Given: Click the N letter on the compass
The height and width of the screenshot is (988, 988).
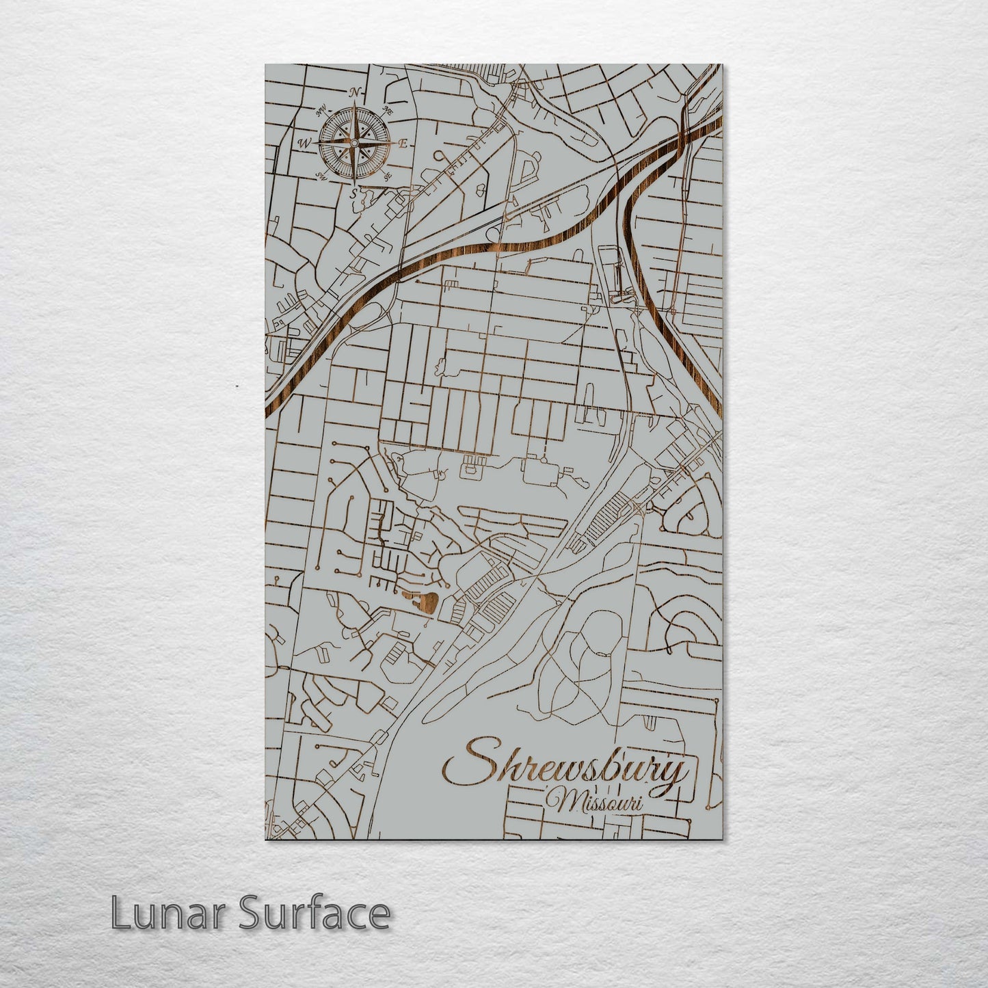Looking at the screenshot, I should coord(354,92).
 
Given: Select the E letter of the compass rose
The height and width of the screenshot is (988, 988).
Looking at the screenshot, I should coord(403,144).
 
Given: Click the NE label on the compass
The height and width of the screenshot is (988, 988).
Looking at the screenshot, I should coord(388,109).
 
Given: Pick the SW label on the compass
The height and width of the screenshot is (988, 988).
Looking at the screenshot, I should coord(321,177).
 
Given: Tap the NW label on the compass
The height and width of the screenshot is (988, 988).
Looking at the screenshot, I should coord(320,110).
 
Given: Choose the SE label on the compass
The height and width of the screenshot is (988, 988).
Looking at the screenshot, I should coord(388,177).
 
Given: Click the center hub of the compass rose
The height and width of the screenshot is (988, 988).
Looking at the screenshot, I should coord(354,144).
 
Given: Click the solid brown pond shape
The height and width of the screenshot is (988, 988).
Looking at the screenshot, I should coord(425,602).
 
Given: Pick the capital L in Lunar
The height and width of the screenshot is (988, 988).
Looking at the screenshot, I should coord(120,913).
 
